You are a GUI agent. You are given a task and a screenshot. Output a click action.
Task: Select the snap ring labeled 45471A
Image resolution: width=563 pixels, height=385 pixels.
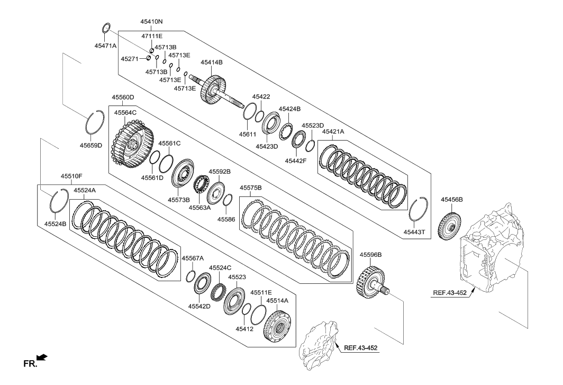click(x=106, y=28)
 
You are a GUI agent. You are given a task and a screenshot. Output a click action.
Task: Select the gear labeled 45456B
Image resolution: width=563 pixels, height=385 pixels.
click(x=451, y=226)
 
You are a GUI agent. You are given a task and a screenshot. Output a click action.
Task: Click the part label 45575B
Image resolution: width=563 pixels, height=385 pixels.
click(x=251, y=187)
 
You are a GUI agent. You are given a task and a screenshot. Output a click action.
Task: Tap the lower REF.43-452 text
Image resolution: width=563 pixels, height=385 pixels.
click(x=361, y=348)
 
